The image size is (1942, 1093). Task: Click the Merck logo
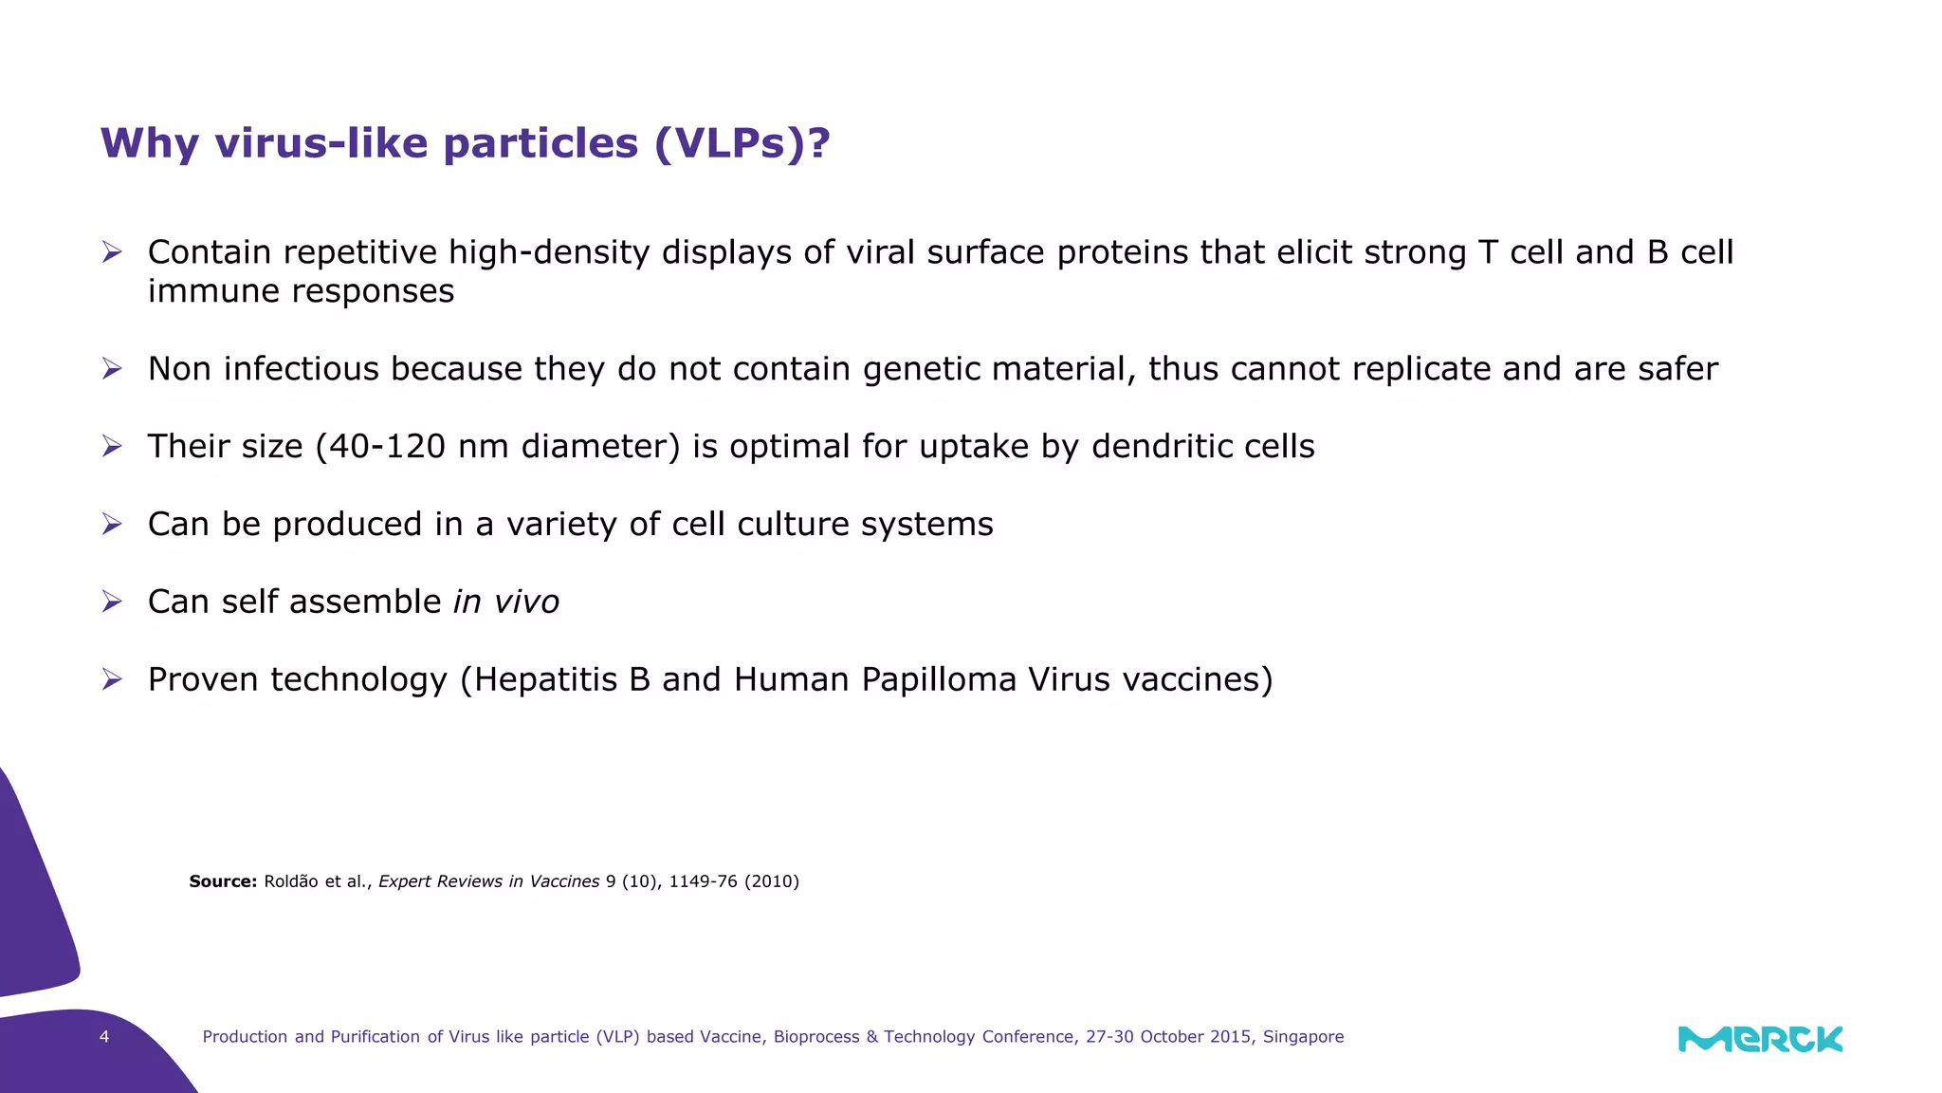1760,1039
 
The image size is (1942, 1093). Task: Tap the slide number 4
104,1037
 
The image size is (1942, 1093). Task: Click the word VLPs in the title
731,143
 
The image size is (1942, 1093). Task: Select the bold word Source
223,881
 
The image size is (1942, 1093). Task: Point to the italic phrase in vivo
506,602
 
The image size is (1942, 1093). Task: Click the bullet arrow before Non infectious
112,369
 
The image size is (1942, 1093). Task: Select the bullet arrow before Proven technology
112,679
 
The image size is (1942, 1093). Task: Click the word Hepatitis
545,679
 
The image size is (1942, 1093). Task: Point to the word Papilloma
939,679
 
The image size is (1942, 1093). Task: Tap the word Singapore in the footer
1303,1037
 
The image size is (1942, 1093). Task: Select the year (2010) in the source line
771,881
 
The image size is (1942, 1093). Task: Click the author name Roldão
291,881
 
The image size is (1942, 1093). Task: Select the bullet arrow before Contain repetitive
112,252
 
